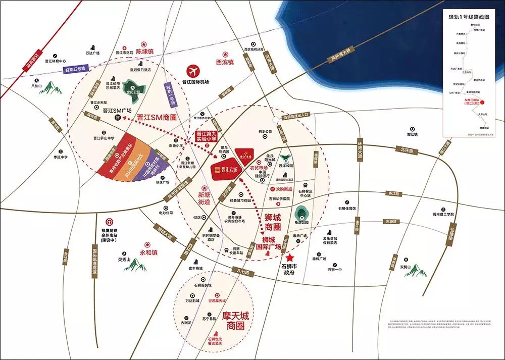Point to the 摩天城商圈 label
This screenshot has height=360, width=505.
(x=230, y=321)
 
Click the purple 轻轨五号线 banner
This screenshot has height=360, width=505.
(x=76, y=69)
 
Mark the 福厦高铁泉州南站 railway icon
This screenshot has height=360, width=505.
(x=109, y=222)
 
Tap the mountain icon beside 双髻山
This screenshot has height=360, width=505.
(x=414, y=271)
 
